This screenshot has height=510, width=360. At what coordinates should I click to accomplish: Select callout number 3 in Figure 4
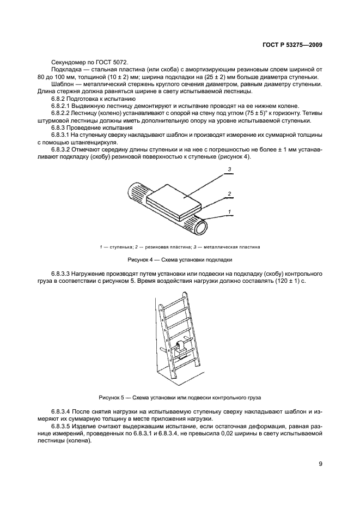[x=230, y=169]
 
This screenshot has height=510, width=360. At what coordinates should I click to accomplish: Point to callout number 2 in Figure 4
[x=230, y=193]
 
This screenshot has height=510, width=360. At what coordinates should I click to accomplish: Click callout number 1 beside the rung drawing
[x=230, y=211]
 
